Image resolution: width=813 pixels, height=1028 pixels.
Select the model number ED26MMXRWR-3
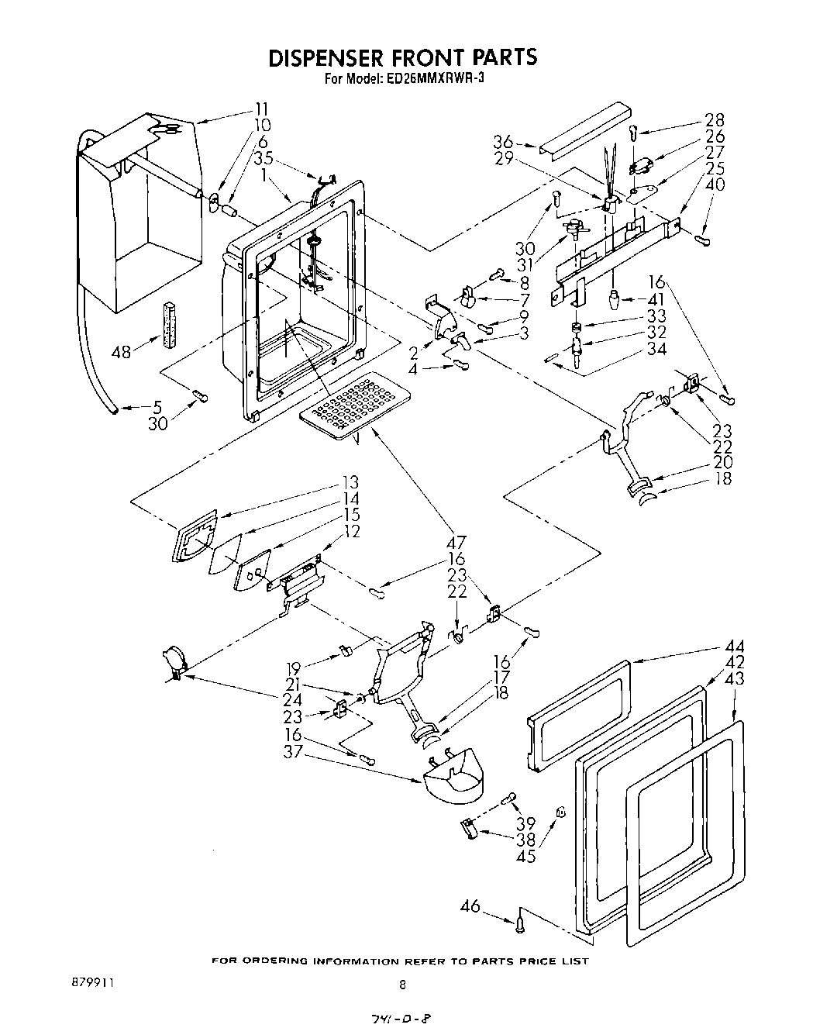pyautogui.click(x=435, y=78)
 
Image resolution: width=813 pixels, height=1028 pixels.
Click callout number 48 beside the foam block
pyautogui.click(x=122, y=352)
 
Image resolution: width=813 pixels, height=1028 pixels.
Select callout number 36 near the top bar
pyautogui.click(x=504, y=142)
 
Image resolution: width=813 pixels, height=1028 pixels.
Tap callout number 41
pyautogui.click(x=656, y=299)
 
